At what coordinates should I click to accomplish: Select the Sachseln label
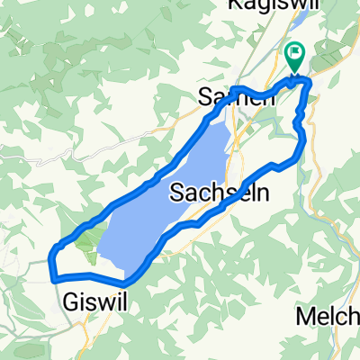220,192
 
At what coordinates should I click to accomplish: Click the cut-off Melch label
328,317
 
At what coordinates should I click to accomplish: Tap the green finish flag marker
294,58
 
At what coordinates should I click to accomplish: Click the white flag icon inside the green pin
294,54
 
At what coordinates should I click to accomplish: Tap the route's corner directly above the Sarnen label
233,88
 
